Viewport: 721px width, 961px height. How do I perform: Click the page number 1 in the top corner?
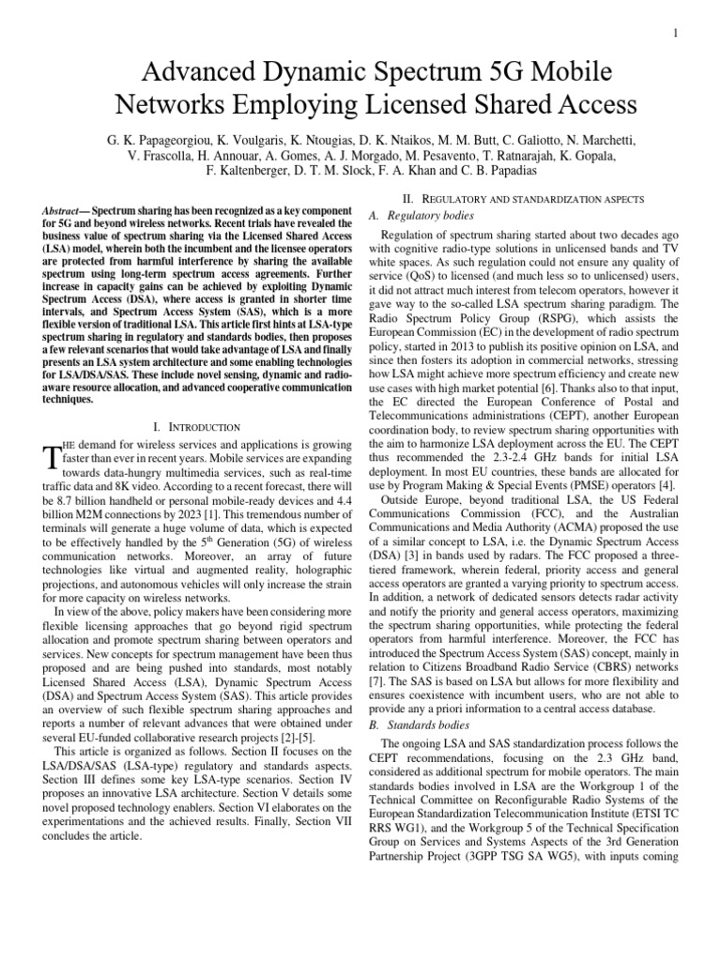pos(701,34)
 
